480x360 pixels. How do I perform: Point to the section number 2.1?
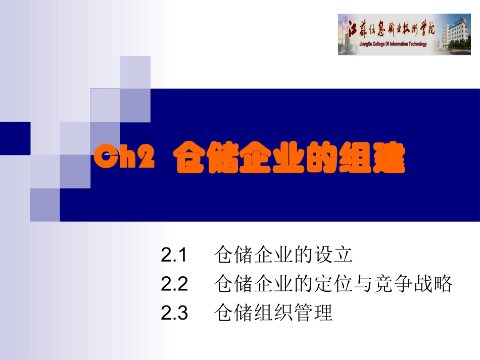(x=174, y=255)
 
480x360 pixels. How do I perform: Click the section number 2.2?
(x=174, y=284)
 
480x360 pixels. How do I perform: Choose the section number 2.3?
(x=174, y=314)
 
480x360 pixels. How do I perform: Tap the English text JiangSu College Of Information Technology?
(x=387, y=44)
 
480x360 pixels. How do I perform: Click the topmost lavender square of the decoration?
(x=135, y=71)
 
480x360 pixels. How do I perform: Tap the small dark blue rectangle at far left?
(x=15, y=138)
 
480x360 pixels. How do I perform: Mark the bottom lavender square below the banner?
(x=44, y=204)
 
